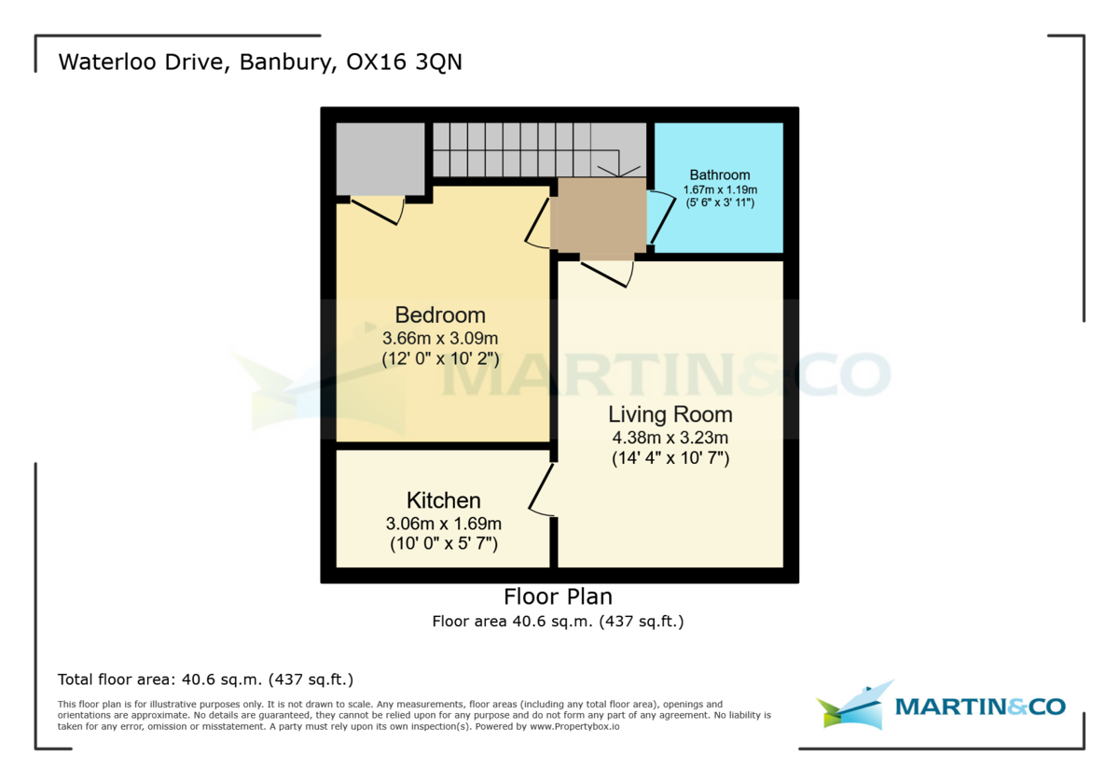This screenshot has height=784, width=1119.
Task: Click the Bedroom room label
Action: tap(440, 315)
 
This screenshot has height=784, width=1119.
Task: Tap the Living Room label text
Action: tap(670, 414)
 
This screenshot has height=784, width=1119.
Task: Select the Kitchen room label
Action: tap(443, 500)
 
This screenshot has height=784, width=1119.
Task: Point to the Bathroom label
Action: tap(720, 175)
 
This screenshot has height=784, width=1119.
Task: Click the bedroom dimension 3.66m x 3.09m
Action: tap(440, 337)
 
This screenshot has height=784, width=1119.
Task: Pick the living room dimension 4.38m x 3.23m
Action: tap(670, 437)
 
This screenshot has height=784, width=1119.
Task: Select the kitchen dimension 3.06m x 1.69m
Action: tap(443, 524)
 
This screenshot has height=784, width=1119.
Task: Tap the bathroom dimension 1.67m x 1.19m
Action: tap(720, 189)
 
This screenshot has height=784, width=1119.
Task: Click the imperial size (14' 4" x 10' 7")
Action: tap(670, 458)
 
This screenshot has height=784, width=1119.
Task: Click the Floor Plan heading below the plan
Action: tap(558, 596)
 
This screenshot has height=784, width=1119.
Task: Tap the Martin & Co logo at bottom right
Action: tap(942, 707)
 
